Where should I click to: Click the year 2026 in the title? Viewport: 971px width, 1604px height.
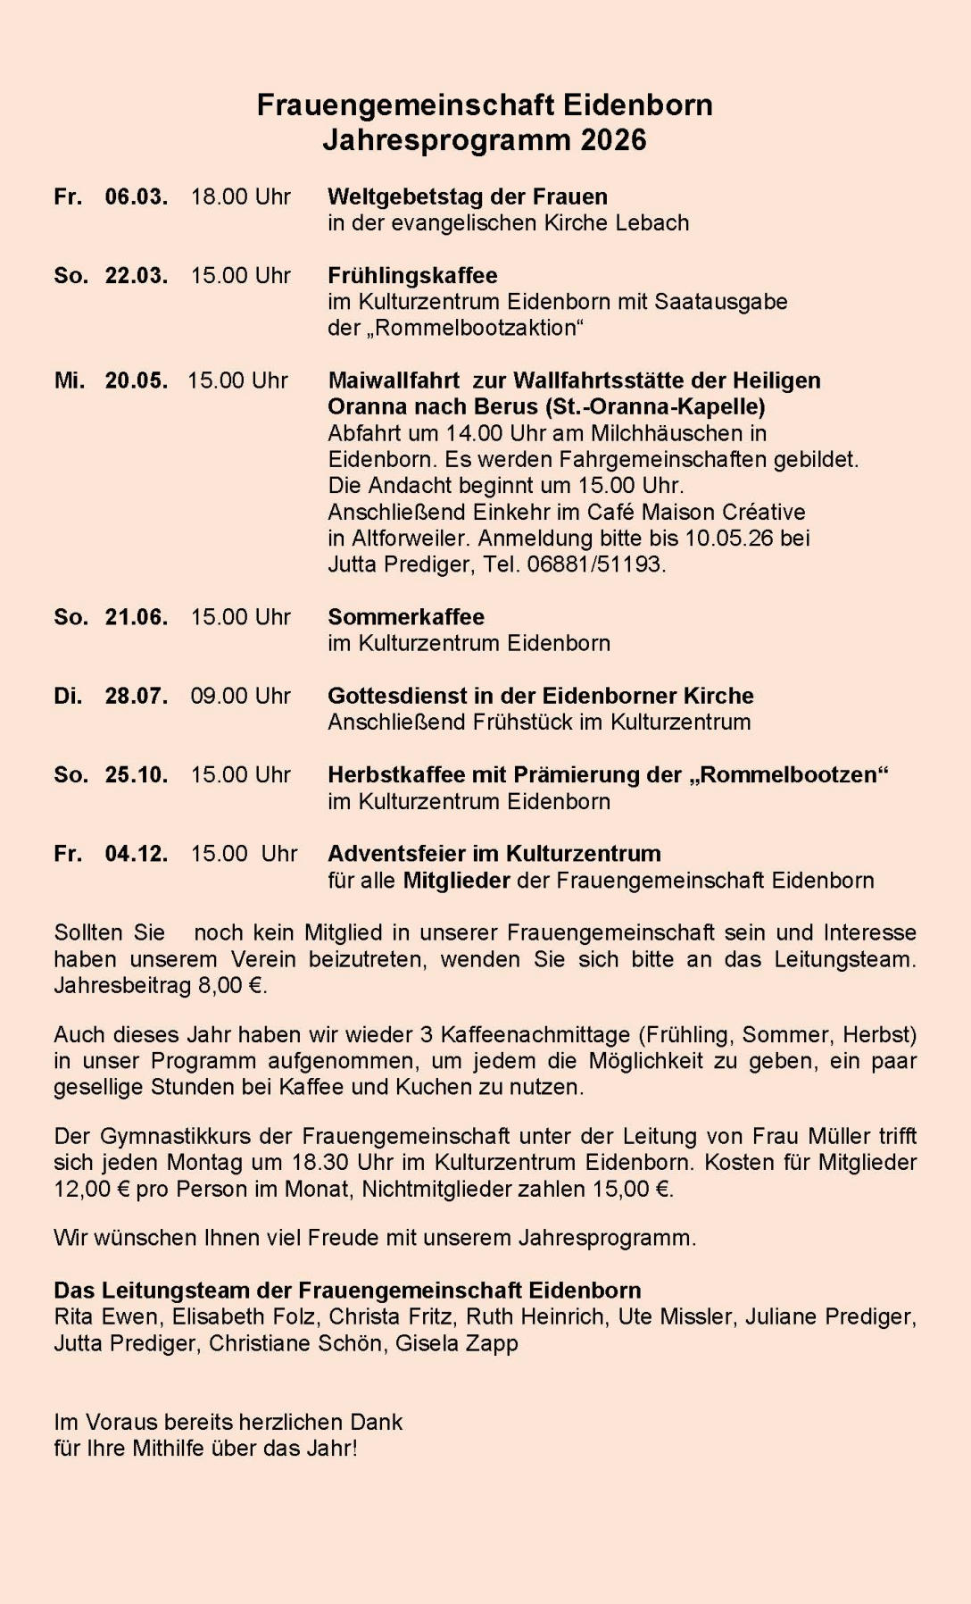[613, 140]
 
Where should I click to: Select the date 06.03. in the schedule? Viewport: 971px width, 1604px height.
[136, 196]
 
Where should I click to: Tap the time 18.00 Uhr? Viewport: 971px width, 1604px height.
[240, 196]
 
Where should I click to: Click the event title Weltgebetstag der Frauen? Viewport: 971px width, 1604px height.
[467, 196]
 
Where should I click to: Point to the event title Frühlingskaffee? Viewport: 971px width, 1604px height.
[412, 275]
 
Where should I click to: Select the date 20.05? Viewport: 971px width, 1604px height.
[136, 380]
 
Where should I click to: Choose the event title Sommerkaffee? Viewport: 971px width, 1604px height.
[406, 617]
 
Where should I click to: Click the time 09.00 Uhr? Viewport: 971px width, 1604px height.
[240, 696]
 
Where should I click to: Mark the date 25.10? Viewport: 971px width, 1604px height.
[136, 774]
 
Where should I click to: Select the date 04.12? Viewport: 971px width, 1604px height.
[136, 854]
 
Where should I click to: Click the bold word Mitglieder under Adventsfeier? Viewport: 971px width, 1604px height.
[456, 881]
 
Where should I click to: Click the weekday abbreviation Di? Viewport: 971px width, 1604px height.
[67, 696]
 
